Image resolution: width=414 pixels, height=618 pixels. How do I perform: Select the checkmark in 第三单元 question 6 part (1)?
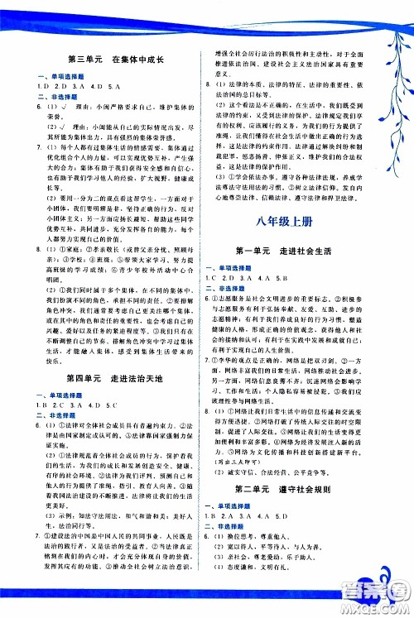tap(66, 108)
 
